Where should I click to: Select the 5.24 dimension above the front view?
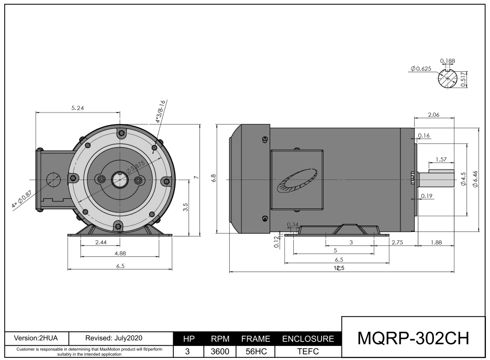click(x=77, y=108)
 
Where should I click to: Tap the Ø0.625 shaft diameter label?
click(x=421, y=69)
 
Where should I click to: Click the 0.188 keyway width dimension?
click(x=448, y=61)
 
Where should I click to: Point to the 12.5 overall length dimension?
click(x=339, y=268)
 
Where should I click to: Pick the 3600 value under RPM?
click(x=220, y=352)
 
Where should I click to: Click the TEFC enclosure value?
click(x=308, y=352)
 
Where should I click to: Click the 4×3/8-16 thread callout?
click(x=160, y=111)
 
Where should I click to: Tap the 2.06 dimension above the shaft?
click(x=433, y=114)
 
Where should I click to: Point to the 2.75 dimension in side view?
click(x=397, y=242)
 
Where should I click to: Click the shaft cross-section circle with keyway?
click(x=448, y=78)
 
